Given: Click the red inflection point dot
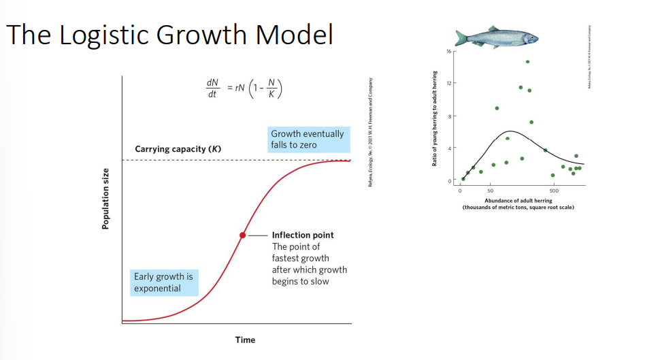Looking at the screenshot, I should (242, 235).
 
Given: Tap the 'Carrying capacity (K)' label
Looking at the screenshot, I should (178, 149).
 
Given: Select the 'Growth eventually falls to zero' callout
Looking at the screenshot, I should (308, 140).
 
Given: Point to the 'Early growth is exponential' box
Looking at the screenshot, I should (163, 282).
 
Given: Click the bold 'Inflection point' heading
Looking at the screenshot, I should (303, 235).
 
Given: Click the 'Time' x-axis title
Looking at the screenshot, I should (245, 340).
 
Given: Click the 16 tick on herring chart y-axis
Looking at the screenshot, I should (450, 51).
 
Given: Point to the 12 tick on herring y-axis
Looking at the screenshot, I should (450, 83).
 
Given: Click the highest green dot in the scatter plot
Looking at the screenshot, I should (527, 62).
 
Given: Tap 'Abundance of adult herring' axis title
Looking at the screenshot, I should (518, 201).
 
